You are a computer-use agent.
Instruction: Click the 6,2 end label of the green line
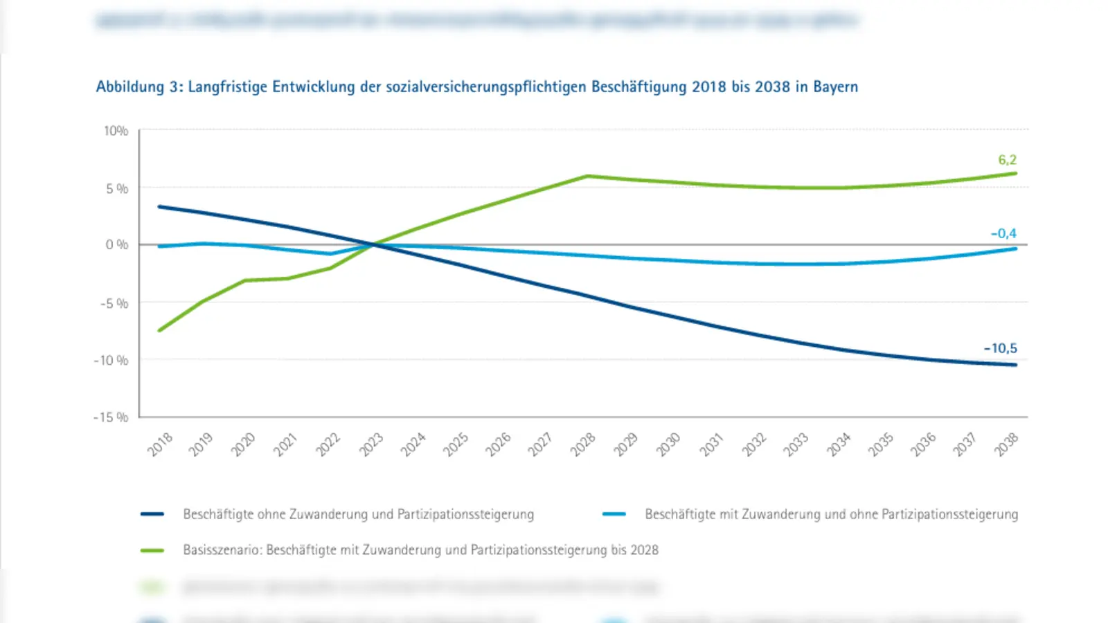1007,160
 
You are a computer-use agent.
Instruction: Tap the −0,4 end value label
1003,233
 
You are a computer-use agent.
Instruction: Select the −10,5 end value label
1001,348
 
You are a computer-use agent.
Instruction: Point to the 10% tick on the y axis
116,131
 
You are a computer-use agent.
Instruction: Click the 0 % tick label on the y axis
117,244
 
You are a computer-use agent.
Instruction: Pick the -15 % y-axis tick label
111,417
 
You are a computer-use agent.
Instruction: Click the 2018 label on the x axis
160,444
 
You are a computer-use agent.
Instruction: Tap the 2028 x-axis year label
583,444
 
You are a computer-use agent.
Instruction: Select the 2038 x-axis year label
1006,444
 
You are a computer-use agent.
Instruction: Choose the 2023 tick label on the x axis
371,444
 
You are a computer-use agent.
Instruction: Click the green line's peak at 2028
587,176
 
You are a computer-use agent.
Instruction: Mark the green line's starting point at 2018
160,330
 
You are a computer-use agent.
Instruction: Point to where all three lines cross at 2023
375,244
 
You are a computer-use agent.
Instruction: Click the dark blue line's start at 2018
160,206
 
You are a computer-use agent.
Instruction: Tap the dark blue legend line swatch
152,514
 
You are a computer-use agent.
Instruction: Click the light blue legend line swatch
614,514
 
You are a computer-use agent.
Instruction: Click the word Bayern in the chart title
835,87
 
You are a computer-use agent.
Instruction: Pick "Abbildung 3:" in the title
139,87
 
